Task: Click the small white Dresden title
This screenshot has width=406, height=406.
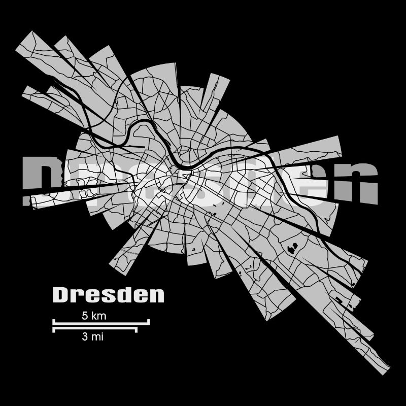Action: click(x=108, y=295)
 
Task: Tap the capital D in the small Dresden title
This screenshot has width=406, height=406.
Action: click(x=60, y=295)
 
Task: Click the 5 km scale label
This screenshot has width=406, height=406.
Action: click(x=94, y=316)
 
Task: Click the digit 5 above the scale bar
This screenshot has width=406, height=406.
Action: click(x=84, y=316)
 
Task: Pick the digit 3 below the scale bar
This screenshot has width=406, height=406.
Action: click(x=84, y=336)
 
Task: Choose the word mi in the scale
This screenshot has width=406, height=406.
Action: click(x=98, y=336)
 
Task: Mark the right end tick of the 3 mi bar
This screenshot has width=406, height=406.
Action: click(x=137, y=329)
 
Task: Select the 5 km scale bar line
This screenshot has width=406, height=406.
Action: click(x=101, y=322)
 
